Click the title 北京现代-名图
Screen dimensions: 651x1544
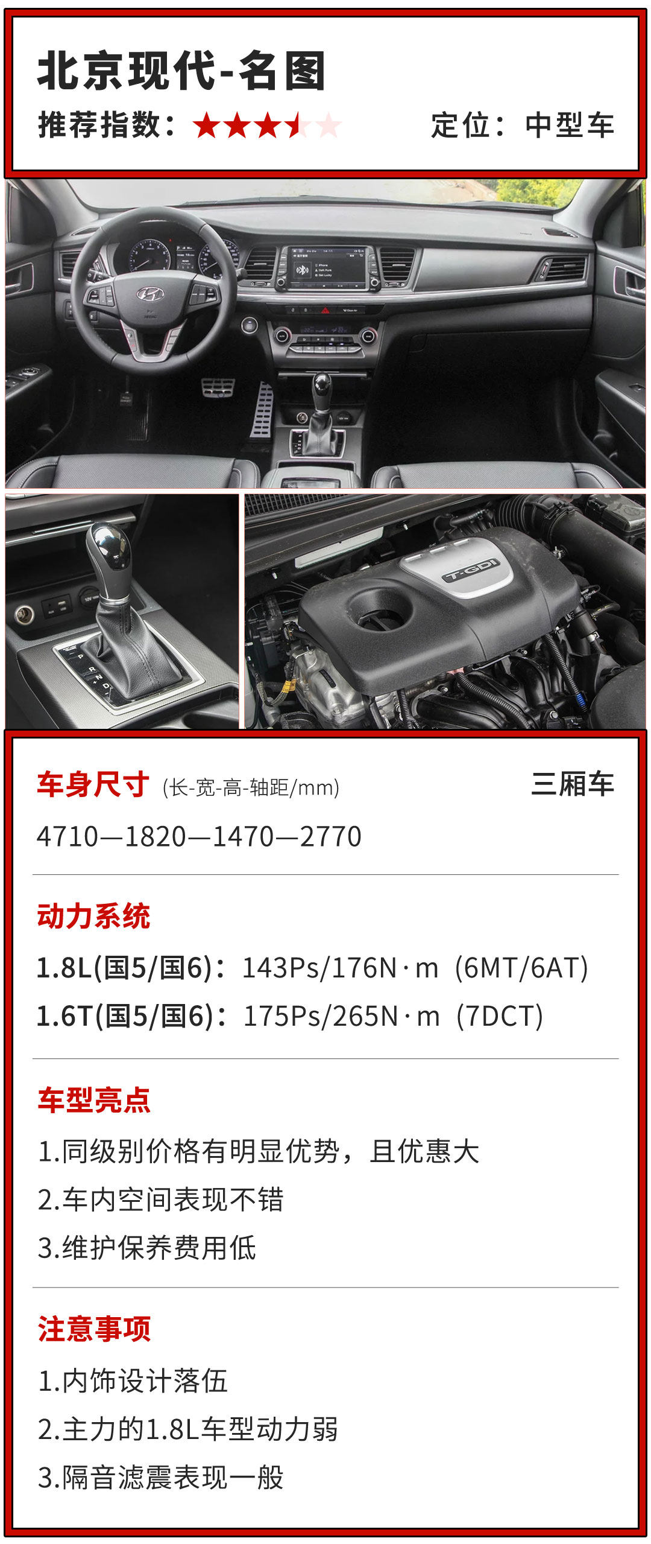point(181,71)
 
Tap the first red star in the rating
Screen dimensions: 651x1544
point(207,125)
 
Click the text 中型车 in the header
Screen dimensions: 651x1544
point(570,125)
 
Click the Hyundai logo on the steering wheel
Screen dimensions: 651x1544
point(149,294)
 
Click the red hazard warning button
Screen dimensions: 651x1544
point(325,310)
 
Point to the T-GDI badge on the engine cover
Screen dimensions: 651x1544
point(471,570)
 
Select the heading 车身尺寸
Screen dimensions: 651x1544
point(93,784)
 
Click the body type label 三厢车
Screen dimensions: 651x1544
point(572,784)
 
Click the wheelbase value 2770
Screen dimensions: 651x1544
point(330,836)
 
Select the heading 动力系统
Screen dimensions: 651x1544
point(93,916)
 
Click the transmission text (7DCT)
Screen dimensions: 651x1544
point(500,1016)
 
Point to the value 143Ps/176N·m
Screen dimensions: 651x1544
point(340,968)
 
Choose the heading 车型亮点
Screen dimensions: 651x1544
point(93,1100)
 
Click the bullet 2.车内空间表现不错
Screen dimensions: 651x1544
point(160,1199)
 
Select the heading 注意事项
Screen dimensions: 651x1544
point(93,1329)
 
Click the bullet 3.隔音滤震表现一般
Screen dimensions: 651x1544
point(160,1478)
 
